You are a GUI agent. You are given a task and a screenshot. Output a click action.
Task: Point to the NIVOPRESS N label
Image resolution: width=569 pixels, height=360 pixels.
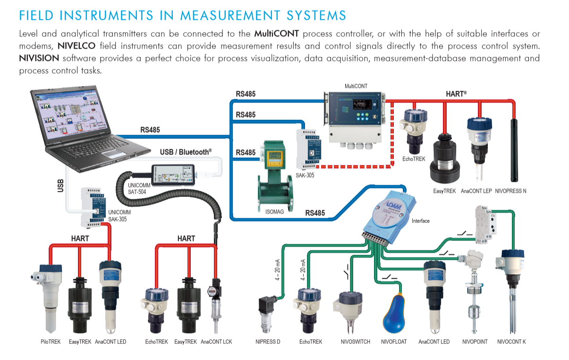(510, 191)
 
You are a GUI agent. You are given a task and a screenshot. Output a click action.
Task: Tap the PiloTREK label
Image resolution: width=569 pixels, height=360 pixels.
(51, 342)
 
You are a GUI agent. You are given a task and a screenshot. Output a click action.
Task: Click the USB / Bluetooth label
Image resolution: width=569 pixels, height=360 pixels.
(186, 152)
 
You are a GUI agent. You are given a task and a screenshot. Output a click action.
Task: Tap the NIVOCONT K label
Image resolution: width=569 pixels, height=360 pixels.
(511, 342)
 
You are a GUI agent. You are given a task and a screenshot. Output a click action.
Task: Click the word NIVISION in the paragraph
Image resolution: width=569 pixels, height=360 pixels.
(39, 59)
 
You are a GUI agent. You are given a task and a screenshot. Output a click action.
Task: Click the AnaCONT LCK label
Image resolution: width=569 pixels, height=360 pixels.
(216, 342)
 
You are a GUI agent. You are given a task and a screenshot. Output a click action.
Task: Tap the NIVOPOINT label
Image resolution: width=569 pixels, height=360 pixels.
(475, 342)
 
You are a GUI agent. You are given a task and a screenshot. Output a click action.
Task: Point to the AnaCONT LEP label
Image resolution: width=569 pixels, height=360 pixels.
(476, 191)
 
